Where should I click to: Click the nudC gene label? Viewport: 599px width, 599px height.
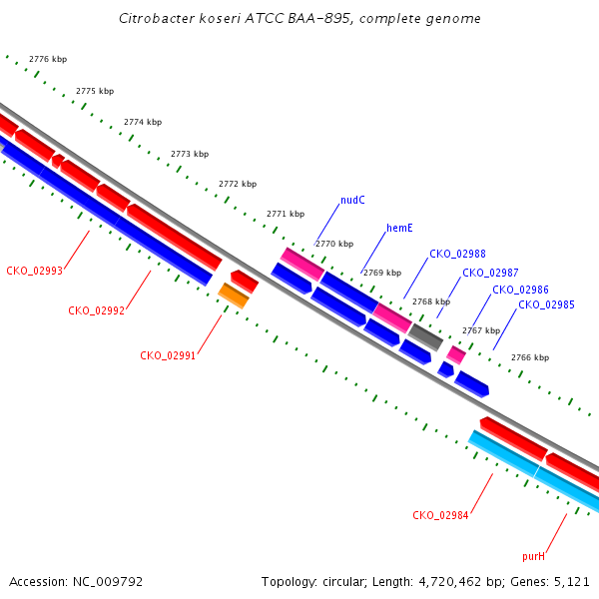click(x=352, y=201)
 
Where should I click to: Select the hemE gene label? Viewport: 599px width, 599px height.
click(x=399, y=228)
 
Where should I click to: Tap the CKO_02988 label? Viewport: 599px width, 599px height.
click(x=457, y=254)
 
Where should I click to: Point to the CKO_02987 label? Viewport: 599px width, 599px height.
click(x=490, y=273)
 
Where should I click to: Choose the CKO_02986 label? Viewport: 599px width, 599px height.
click(x=520, y=290)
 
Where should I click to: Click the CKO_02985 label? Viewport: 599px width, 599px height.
click(x=546, y=304)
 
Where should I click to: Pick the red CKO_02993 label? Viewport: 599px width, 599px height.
click(x=34, y=271)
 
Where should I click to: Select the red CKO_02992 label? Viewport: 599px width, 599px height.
click(x=96, y=310)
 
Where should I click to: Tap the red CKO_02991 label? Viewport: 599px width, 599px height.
click(x=168, y=355)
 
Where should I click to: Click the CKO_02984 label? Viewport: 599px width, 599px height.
click(x=440, y=515)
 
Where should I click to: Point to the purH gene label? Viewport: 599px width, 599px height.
click(x=534, y=557)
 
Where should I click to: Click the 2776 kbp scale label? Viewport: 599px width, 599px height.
click(x=48, y=59)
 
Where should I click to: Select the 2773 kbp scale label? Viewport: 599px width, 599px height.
click(x=190, y=154)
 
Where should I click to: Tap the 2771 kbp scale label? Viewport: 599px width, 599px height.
click(x=286, y=214)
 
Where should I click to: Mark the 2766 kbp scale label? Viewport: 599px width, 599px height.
click(x=530, y=357)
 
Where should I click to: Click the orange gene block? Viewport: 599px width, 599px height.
click(x=234, y=296)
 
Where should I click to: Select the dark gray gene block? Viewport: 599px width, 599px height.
click(x=425, y=337)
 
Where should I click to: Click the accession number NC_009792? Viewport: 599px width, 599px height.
click(x=108, y=582)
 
